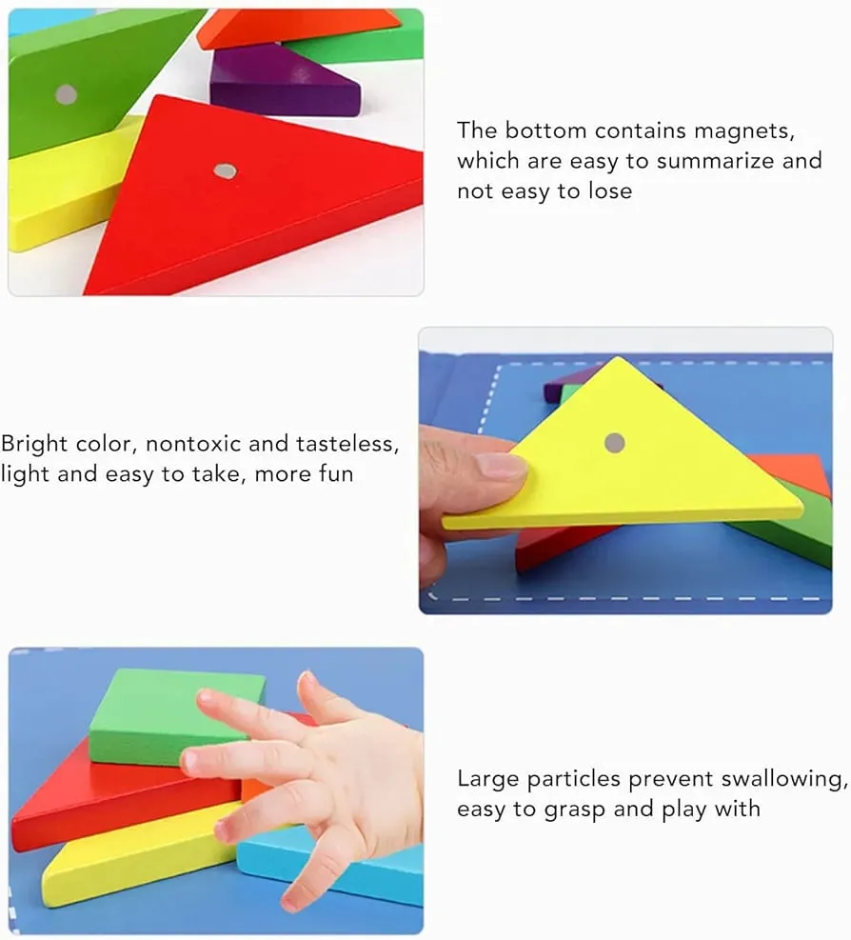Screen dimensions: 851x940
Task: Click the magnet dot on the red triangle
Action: [226, 171]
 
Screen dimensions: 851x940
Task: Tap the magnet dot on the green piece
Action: [67, 94]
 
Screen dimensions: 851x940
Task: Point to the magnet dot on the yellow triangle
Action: [615, 443]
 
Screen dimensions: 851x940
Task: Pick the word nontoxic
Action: [193, 444]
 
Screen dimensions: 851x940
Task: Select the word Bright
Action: [33, 445]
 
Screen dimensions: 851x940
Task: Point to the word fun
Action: [336, 473]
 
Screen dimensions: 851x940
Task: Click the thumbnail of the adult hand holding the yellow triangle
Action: [625, 470]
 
